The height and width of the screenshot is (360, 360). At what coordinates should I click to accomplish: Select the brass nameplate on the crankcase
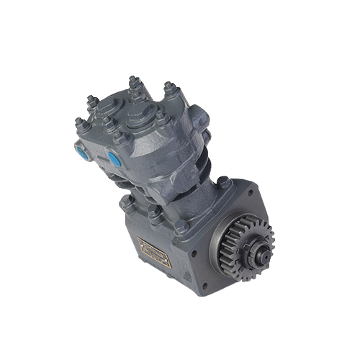click(155, 254)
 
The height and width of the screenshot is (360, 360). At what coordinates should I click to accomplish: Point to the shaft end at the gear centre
click(261, 253)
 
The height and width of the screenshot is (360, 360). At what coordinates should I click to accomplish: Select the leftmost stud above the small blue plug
click(79, 124)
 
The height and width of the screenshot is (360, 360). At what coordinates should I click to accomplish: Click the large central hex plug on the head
click(137, 114)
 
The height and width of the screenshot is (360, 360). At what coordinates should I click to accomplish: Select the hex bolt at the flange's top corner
click(223, 182)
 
